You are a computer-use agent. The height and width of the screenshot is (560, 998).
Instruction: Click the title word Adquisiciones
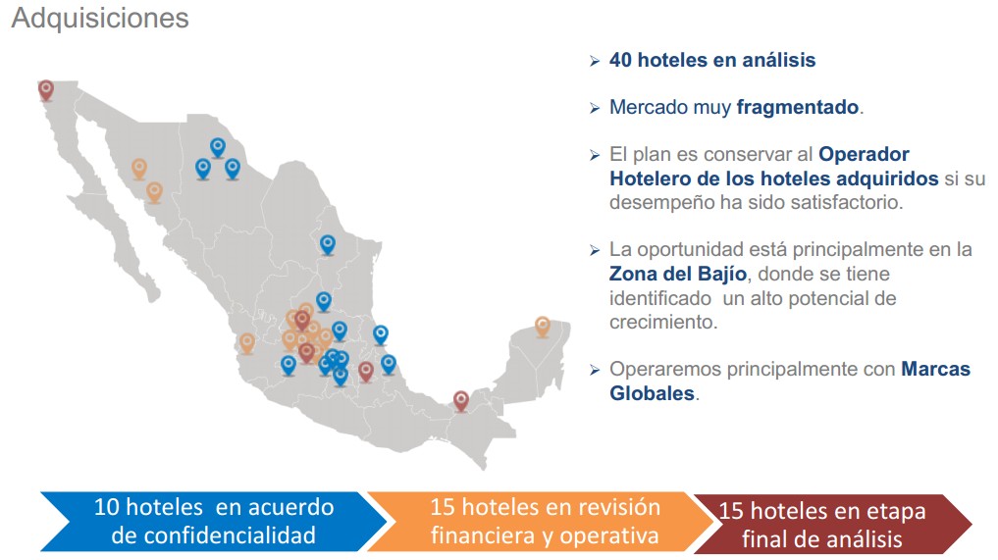(x=99, y=19)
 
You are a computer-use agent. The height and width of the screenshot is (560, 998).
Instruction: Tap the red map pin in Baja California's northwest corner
(x=46, y=90)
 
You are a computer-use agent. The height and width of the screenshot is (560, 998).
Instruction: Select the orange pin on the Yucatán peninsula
(x=543, y=326)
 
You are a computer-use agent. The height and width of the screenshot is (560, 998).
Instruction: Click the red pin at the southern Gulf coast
(x=461, y=399)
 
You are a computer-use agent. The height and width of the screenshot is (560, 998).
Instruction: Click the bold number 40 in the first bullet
(x=620, y=60)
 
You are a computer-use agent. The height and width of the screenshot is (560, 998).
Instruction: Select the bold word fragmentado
(x=798, y=107)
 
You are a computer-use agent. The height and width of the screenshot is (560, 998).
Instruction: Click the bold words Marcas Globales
(x=789, y=382)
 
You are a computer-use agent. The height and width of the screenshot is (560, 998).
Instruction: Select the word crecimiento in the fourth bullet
(x=662, y=321)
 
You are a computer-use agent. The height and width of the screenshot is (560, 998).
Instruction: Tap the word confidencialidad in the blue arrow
(x=214, y=535)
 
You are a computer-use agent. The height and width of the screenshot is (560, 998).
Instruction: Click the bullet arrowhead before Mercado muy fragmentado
(x=595, y=108)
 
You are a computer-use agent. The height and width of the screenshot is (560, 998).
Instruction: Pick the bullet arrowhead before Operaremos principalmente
(x=595, y=371)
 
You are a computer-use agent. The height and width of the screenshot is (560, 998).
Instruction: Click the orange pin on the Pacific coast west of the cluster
(x=246, y=342)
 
